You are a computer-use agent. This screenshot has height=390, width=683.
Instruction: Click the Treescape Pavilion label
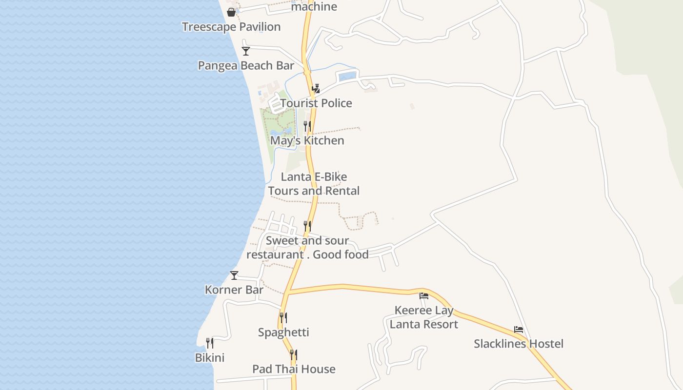point(231,27)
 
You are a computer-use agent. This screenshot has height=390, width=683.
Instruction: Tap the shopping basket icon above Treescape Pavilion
point(231,12)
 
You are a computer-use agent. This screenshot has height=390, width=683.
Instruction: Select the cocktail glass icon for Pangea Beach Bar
point(246,51)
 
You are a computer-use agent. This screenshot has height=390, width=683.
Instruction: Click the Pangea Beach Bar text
point(246,66)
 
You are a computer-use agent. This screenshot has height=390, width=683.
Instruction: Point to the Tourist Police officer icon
point(316,88)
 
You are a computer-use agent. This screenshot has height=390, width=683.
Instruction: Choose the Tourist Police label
point(316,103)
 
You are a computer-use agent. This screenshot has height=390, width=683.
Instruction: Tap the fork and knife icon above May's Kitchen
point(307,126)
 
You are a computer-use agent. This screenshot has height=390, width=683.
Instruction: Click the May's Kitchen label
point(307,141)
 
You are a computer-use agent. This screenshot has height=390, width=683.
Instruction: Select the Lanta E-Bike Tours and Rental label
point(314,184)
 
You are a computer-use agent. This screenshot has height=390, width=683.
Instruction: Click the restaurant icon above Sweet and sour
point(307,226)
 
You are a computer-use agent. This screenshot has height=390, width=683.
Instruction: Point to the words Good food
point(341,254)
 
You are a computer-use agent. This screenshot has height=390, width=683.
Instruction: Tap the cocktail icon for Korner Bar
point(234,275)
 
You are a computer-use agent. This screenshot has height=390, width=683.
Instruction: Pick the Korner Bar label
point(234,290)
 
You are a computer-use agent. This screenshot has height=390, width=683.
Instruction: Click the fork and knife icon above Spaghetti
point(283,318)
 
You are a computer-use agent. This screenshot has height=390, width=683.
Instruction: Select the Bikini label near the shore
point(210,358)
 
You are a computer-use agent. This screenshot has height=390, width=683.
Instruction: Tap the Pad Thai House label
point(294,369)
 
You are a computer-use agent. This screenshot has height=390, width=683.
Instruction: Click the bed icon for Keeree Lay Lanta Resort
point(424,296)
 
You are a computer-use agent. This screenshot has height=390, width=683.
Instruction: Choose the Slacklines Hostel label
point(519,344)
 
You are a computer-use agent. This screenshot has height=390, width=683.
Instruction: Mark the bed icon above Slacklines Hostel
point(519,330)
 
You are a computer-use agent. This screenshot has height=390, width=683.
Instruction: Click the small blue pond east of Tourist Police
point(347,77)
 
